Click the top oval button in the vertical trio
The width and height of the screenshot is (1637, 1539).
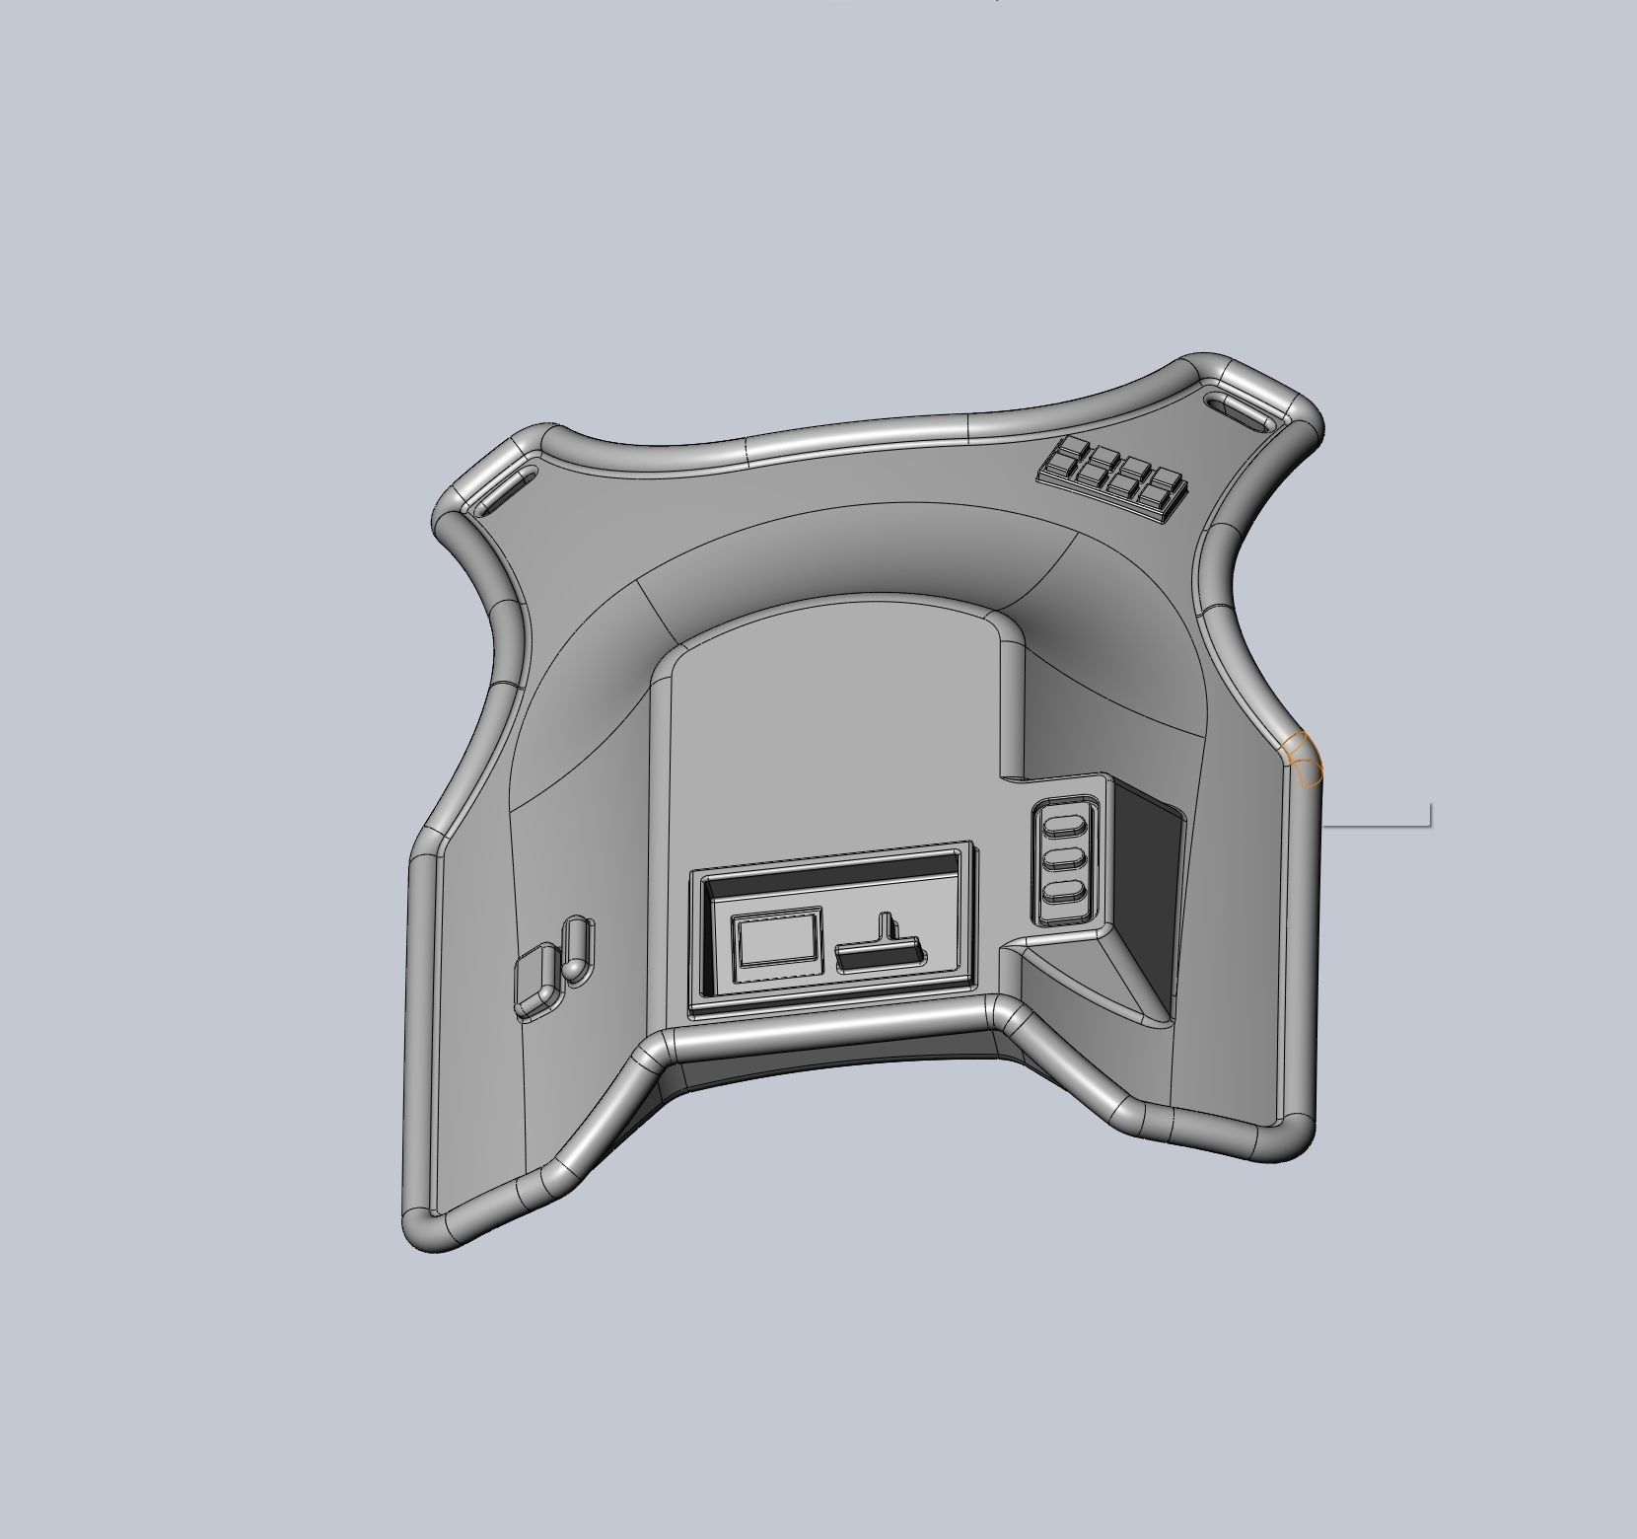(1062, 823)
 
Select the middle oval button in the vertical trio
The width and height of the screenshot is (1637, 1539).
(1062, 858)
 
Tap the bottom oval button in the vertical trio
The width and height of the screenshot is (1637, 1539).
(1062, 895)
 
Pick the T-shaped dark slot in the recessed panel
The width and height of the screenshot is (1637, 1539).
(881, 949)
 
